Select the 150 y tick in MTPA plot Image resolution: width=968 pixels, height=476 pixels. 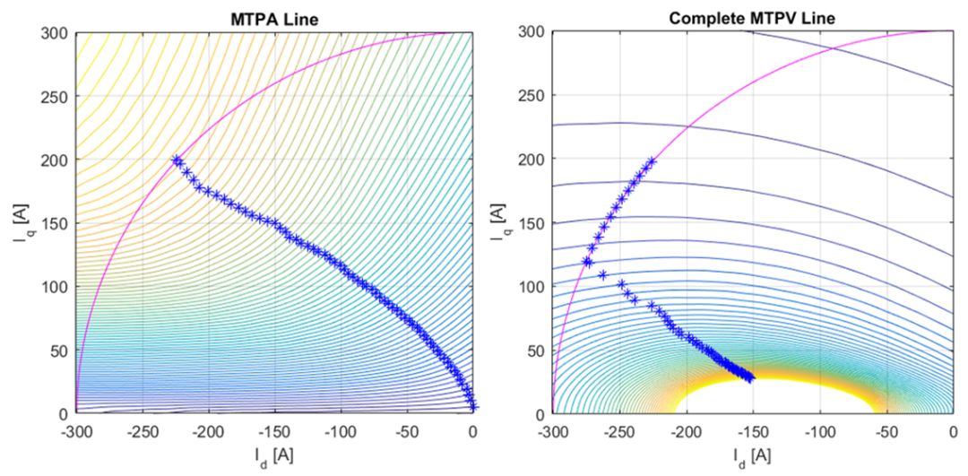click(58, 223)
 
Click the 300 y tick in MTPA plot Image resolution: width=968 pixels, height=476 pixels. click(58, 32)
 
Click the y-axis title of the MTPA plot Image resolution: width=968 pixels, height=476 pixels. click(21, 223)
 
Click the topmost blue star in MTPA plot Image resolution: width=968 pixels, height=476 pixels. click(177, 160)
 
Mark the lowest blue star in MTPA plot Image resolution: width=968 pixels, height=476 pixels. click(473, 407)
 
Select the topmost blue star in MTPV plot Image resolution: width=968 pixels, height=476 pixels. click(652, 161)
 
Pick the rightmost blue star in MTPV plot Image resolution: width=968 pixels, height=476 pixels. click(750, 377)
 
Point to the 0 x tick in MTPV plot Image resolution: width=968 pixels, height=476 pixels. click(953, 430)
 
